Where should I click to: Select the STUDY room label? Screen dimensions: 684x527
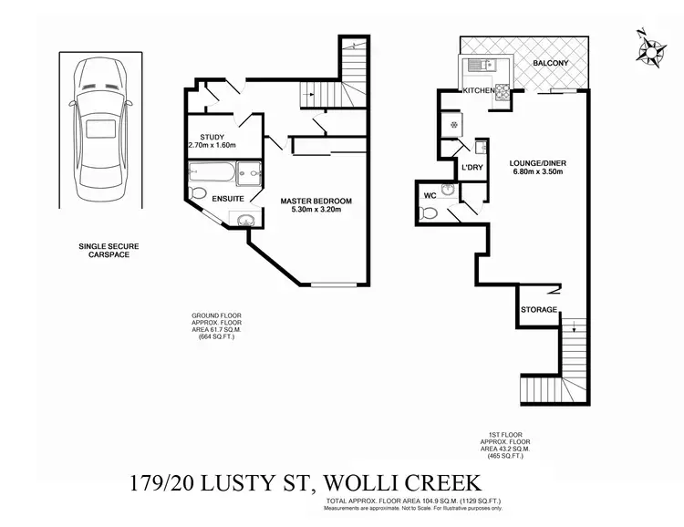pos(212,138)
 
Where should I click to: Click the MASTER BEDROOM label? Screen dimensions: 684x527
pos(316,201)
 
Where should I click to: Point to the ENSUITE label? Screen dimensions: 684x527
pos(227,198)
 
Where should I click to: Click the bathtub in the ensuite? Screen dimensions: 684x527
pos(212,171)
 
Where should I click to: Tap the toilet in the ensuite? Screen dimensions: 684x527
pos(197,192)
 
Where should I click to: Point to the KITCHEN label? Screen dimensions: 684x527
pos(480,91)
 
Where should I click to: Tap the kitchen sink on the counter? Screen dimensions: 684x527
pos(477,66)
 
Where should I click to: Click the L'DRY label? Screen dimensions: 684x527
pos(472,168)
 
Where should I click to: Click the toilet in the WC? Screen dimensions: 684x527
pos(430,213)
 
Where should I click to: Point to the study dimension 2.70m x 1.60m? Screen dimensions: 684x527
pos(212,146)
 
